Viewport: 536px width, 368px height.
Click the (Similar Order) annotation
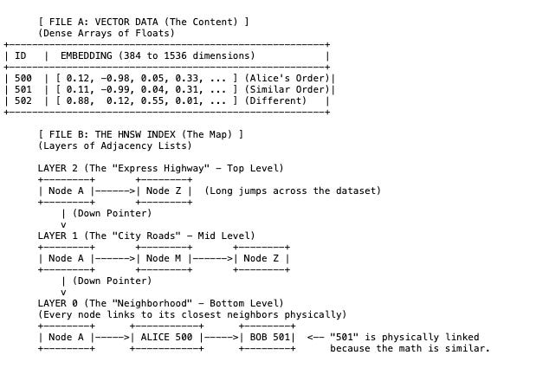click(286, 89)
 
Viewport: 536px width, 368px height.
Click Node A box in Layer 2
click(67, 191)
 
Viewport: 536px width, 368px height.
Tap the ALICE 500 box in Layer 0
click(166, 338)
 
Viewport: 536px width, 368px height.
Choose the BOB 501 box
click(267, 338)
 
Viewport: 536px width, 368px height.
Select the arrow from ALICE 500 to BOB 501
click(221, 338)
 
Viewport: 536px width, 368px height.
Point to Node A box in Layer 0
click(67, 338)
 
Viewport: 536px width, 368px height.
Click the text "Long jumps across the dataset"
click(293, 191)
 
